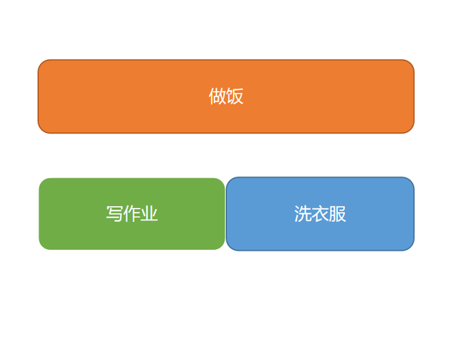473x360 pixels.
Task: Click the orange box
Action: coord(226,96)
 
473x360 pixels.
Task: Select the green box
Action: coord(132,214)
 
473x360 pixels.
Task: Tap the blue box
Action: coord(320,214)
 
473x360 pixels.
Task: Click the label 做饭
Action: coord(226,96)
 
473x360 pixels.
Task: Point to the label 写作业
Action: coord(132,214)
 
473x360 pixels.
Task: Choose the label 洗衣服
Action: coord(320,214)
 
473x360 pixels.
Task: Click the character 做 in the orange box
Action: coord(217,96)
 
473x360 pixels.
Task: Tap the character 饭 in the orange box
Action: coord(235,96)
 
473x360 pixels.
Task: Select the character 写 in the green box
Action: coord(115,214)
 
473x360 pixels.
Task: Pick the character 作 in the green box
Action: coord(132,214)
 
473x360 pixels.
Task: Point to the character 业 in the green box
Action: coord(149,214)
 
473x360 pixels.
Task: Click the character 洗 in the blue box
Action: coord(303,214)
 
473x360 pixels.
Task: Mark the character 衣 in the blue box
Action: coord(320,214)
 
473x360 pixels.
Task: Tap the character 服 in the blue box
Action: coord(338,214)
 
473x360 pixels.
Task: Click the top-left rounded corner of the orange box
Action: coord(41,63)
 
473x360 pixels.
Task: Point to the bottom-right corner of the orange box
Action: coord(411,130)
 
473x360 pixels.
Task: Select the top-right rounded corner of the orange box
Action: coord(411,63)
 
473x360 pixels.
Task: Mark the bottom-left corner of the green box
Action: coord(42,247)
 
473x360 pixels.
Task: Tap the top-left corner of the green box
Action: coord(42,181)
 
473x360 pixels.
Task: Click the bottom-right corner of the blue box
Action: coord(411,248)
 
